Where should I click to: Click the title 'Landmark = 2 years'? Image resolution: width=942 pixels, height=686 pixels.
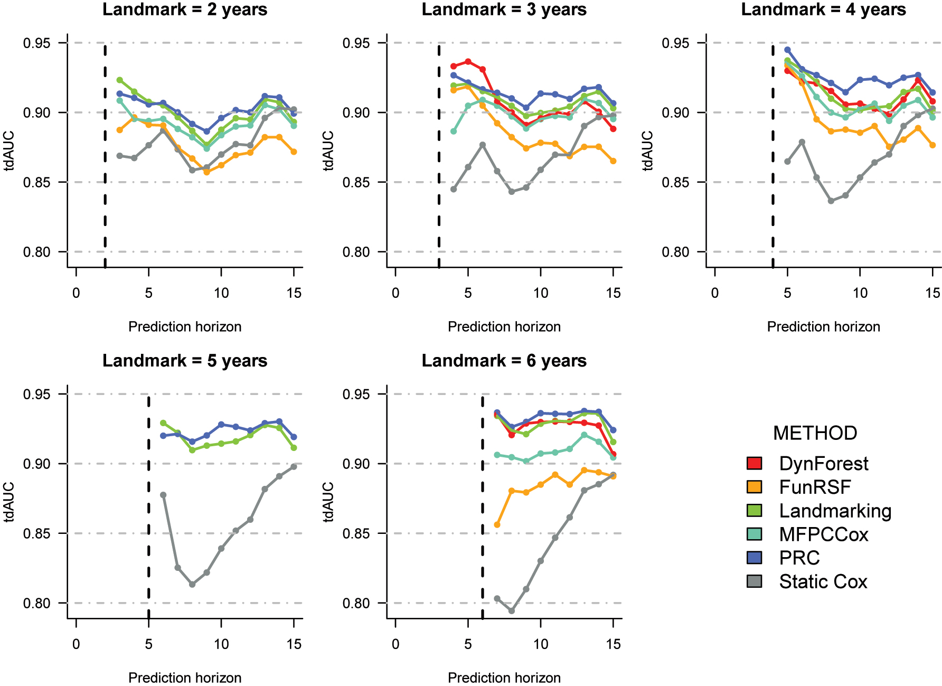[x=185, y=10]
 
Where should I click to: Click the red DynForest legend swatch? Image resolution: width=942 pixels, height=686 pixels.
[x=755, y=463]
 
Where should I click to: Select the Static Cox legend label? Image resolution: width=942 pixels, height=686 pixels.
[x=823, y=581]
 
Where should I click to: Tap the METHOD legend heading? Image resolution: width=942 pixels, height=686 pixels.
[x=815, y=433]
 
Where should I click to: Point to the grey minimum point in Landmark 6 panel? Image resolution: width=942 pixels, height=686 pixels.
[x=511, y=610]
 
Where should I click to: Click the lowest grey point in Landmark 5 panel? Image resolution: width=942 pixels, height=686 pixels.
[x=192, y=585]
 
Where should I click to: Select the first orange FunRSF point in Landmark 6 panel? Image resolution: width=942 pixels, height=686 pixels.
[x=497, y=524]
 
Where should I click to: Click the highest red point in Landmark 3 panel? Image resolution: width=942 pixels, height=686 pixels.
[x=468, y=62]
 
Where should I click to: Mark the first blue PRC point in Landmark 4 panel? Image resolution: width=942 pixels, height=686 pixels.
[x=787, y=50]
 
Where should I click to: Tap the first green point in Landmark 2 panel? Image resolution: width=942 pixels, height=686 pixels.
[x=120, y=80]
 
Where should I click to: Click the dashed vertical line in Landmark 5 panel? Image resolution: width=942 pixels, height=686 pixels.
[x=148, y=502]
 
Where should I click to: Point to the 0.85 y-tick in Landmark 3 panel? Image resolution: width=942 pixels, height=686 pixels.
[x=356, y=182]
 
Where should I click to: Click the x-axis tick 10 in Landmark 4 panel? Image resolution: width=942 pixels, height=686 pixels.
[x=860, y=293]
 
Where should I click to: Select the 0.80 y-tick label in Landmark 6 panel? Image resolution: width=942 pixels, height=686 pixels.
[x=356, y=603]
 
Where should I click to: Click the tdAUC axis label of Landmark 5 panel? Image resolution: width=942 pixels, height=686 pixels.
[x=9, y=502]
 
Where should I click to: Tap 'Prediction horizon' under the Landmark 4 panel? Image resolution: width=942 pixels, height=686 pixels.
[x=823, y=327]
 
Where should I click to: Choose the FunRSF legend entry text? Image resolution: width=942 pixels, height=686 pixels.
[x=815, y=487]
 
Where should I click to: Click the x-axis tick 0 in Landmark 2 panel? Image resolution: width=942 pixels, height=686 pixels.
[x=76, y=293]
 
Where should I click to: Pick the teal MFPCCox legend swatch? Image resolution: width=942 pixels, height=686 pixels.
[x=755, y=534]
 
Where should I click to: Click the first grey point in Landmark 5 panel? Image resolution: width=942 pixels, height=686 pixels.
[x=163, y=495]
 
